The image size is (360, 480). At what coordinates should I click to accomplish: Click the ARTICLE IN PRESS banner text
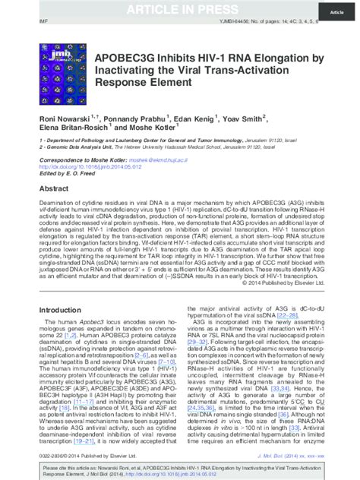tap(180, 8)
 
